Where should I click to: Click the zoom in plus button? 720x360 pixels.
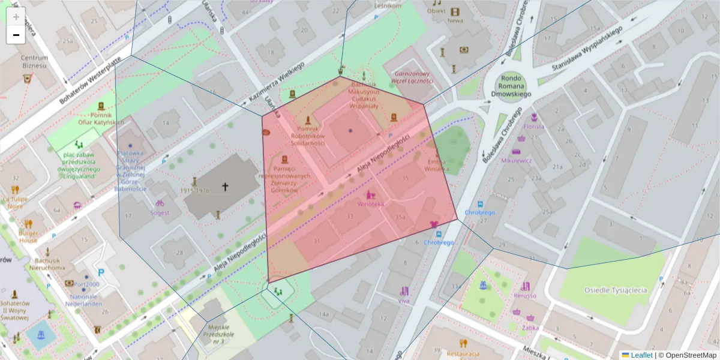[x=16, y=17]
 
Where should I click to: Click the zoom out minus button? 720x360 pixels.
[x=16, y=35]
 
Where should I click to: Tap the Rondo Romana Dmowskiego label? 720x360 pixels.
[x=508, y=85]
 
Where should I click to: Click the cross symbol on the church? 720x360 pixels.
[x=226, y=187]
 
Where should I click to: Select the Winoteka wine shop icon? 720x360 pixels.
[x=370, y=195]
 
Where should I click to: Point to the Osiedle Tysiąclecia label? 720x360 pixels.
[x=616, y=290]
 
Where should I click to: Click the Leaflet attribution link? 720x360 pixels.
[x=641, y=355]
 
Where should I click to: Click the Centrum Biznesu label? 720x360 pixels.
[x=34, y=61]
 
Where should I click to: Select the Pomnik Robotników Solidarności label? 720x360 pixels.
[x=308, y=136]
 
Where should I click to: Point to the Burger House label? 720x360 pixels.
[x=28, y=236]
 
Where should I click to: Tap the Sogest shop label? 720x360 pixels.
[x=160, y=213]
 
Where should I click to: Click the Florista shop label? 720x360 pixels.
[x=533, y=127]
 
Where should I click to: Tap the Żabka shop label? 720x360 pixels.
[x=530, y=328]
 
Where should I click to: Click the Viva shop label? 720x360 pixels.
[x=404, y=301]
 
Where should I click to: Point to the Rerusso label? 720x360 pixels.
[x=525, y=296]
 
